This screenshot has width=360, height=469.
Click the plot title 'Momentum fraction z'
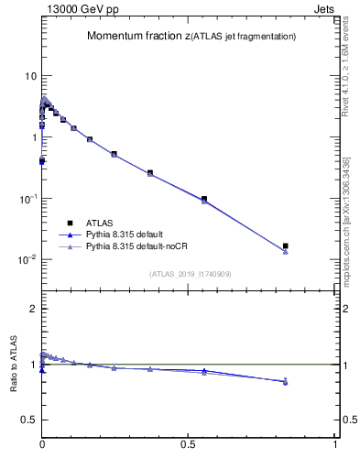[136, 37]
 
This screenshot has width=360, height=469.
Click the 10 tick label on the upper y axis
[30, 76]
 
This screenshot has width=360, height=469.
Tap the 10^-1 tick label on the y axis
[28, 199]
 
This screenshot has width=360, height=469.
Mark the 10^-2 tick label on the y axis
[28, 260]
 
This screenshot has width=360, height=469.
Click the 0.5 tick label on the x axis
[188, 443]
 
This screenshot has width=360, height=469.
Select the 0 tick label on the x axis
[42, 443]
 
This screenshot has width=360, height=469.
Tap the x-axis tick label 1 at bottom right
[335, 443]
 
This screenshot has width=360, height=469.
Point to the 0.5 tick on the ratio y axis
[29, 420]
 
